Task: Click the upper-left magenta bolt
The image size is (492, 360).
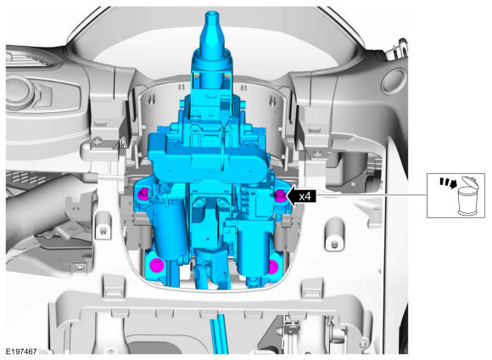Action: [x=144, y=193]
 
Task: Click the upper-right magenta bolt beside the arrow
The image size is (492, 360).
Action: [x=280, y=195]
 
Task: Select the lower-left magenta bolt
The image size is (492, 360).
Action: [x=157, y=266]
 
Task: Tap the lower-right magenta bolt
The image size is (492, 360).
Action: [x=273, y=267]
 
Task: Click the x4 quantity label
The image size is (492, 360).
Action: [x=305, y=196]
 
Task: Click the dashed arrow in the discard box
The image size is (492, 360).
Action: [x=448, y=183]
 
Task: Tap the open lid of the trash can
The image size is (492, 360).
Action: [x=470, y=182]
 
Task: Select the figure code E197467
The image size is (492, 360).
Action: [x=22, y=352]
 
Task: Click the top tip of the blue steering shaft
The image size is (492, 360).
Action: [x=212, y=13]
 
